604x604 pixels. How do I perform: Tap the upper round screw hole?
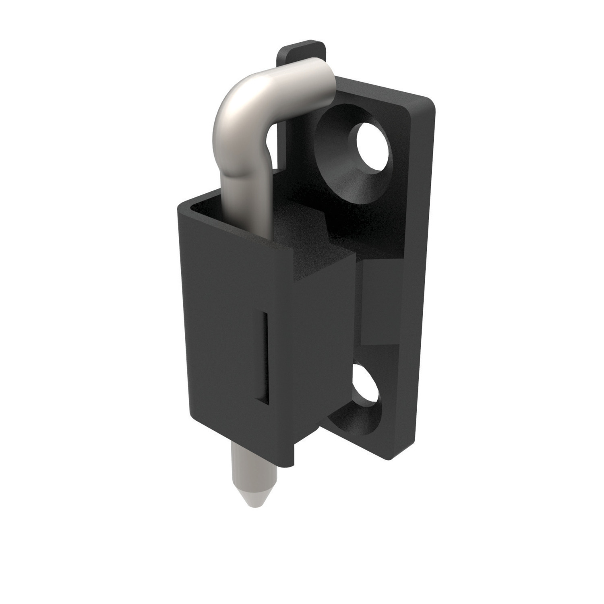(372, 148)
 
